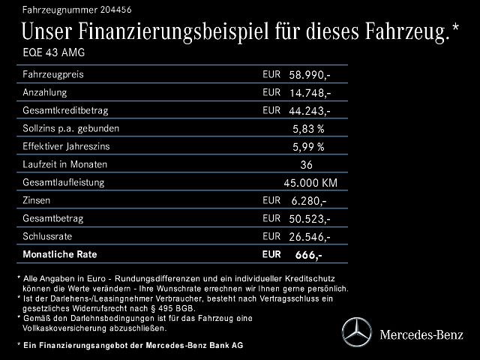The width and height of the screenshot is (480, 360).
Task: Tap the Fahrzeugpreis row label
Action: pyautogui.click(x=53, y=75)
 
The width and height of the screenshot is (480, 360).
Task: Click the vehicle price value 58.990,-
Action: pyautogui.click(x=310, y=76)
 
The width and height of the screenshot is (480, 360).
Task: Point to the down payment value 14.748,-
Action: pyautogui.click(x=310, y=93)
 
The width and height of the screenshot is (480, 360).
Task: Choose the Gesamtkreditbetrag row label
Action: pyautogui.click(x=66, y=110)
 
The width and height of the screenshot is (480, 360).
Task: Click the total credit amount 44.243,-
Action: pyautogui.click(x=310, y=111)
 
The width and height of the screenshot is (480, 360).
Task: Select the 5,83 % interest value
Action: pyautogui.click(x=308, y=129)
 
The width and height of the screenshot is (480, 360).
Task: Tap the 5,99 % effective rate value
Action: pyautogui.click(x=308, y=147)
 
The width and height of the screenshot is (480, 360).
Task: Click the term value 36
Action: pyautogui.click(x=306, y=165)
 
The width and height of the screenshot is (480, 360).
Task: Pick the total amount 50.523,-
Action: pyautogui.click(x=310, y=219)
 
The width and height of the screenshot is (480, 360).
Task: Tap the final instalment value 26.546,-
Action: pyautogui.click(x=310, y=237)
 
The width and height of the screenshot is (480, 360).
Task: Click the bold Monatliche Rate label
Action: pyautogui.click(x=60, y=254)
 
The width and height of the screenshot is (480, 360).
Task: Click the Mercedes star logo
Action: pyautogui.click(x=356, y=331)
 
